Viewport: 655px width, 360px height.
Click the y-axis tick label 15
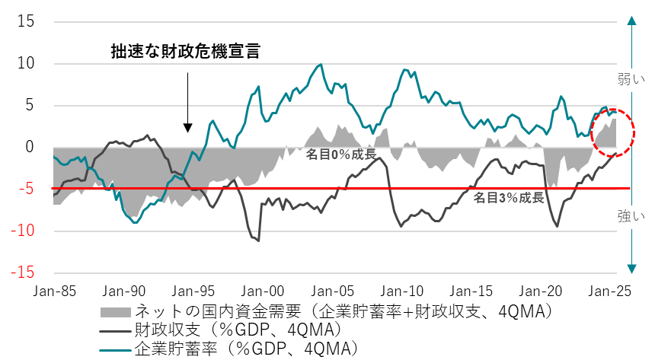tap(26, 21)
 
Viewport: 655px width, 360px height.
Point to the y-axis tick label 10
tap(26, 63)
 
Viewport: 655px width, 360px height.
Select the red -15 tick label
tap(23, 272)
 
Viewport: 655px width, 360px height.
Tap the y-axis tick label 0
tap(30, 146)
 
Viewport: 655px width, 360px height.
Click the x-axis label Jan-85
tap(54, 290)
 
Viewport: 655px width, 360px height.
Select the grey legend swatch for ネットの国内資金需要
tap(115, 312)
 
